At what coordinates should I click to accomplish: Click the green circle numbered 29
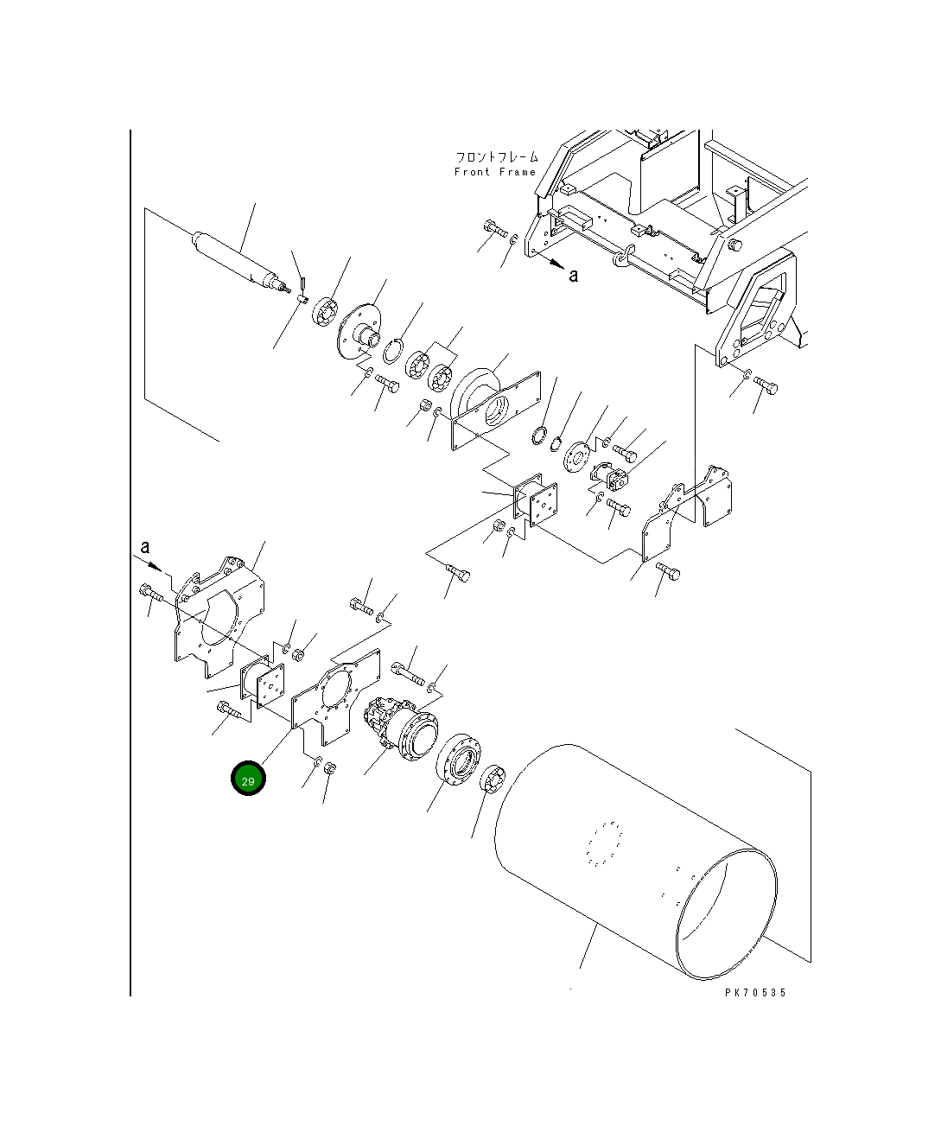tap(248, 778)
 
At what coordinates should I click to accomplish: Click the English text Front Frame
tap(495, 172)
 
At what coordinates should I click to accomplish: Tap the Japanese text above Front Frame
tap(497, 157)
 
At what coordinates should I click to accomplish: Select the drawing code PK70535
tap(755, 993)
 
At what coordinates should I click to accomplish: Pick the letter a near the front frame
tap(574, 276)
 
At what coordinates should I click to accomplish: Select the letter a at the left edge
tap(144, 547)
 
